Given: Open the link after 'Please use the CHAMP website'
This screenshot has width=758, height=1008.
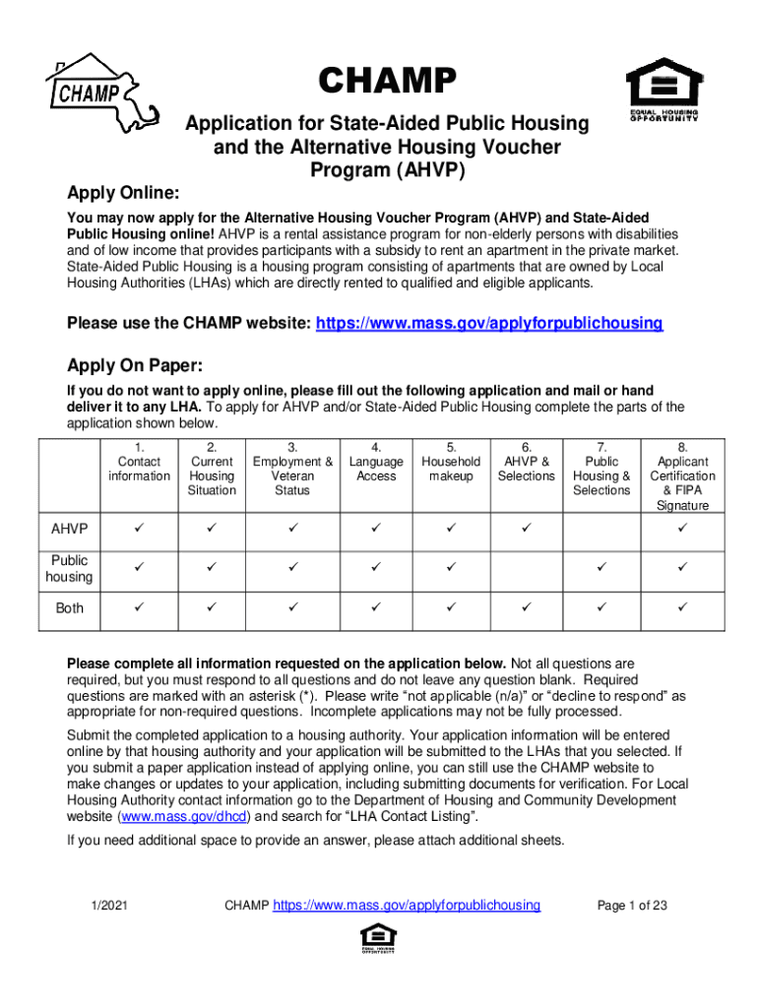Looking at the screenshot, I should click(488, 323).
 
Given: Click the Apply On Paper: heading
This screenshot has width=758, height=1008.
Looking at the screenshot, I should click(134, 366).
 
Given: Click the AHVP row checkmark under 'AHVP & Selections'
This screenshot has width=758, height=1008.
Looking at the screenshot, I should click(527, 531).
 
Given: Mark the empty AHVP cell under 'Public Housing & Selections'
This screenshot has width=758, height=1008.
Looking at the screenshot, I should click(601, 531).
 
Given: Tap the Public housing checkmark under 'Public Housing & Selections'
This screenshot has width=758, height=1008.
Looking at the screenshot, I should click(601, 568).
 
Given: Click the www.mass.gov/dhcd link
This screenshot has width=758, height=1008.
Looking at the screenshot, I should click(184, 817).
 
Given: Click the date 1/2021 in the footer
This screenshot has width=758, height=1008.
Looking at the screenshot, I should click(107, 905).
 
